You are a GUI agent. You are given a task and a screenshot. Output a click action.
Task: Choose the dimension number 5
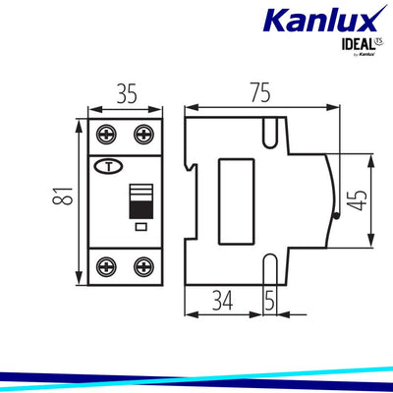pos(268,299)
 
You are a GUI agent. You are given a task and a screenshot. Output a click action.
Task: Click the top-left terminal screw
pos(104,135)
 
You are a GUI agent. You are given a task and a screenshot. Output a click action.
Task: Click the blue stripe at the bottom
pos(196,375)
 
